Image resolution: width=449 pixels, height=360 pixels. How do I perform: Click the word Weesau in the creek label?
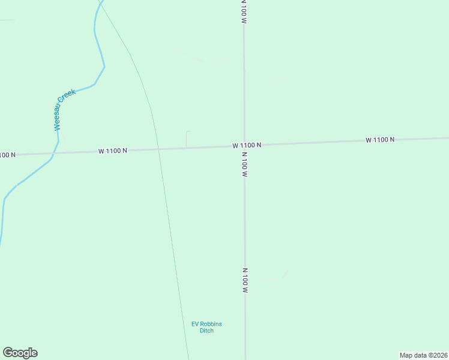tap(58, 117)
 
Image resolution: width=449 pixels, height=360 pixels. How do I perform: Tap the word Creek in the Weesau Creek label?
tap(67, 97)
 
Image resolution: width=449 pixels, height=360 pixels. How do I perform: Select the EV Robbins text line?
tap(206, 324)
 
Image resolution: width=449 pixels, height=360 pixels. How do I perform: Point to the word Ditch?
tap(206, 331)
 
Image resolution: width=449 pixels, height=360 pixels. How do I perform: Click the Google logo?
tap(20, 353)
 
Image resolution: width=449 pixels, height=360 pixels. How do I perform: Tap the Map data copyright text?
tap(423, 355)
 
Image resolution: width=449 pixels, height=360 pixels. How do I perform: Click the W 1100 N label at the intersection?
tap(247, 145)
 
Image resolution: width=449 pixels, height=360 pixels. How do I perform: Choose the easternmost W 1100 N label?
tap(380, 140)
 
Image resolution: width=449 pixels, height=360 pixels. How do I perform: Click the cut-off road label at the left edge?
tap(7, 155)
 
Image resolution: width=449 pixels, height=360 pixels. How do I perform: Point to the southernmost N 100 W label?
tap(245, 280)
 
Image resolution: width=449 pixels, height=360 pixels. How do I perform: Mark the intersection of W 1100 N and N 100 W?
tap(244, 145)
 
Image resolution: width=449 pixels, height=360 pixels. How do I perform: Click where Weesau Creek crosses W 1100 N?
tap(53, 154)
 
